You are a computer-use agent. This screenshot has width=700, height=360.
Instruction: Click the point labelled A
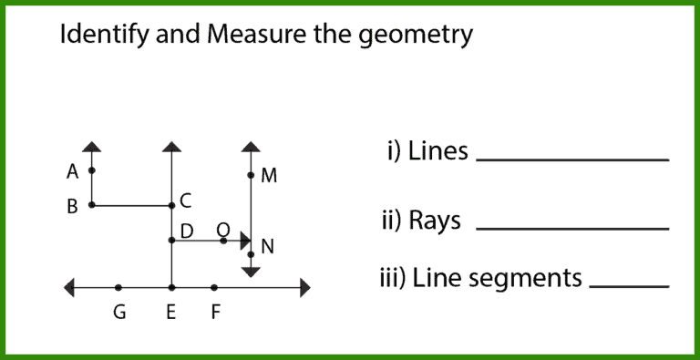91,170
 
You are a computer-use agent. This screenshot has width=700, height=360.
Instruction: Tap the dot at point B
91,205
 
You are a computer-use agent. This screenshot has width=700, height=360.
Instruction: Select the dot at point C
171,205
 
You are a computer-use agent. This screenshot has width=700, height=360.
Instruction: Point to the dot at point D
171,241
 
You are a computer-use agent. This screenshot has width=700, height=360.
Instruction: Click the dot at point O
223,241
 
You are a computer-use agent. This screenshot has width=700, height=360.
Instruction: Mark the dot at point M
251,175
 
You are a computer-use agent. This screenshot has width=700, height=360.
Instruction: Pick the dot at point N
251,254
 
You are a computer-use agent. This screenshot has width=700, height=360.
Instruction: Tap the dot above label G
118,288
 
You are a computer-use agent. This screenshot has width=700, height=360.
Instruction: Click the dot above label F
214,288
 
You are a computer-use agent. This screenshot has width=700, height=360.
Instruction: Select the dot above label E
171,288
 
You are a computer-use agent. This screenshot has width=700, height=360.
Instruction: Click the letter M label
269,176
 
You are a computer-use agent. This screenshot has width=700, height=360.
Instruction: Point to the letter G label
119,314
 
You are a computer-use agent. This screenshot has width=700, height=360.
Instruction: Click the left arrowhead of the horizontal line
69,288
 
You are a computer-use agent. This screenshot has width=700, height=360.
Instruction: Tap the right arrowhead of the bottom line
304,288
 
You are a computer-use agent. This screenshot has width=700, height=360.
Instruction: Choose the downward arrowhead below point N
251,272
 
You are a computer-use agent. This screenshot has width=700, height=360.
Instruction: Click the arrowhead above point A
91,146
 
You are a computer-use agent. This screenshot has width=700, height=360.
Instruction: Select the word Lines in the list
437,150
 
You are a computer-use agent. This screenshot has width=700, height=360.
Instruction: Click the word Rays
435,221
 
